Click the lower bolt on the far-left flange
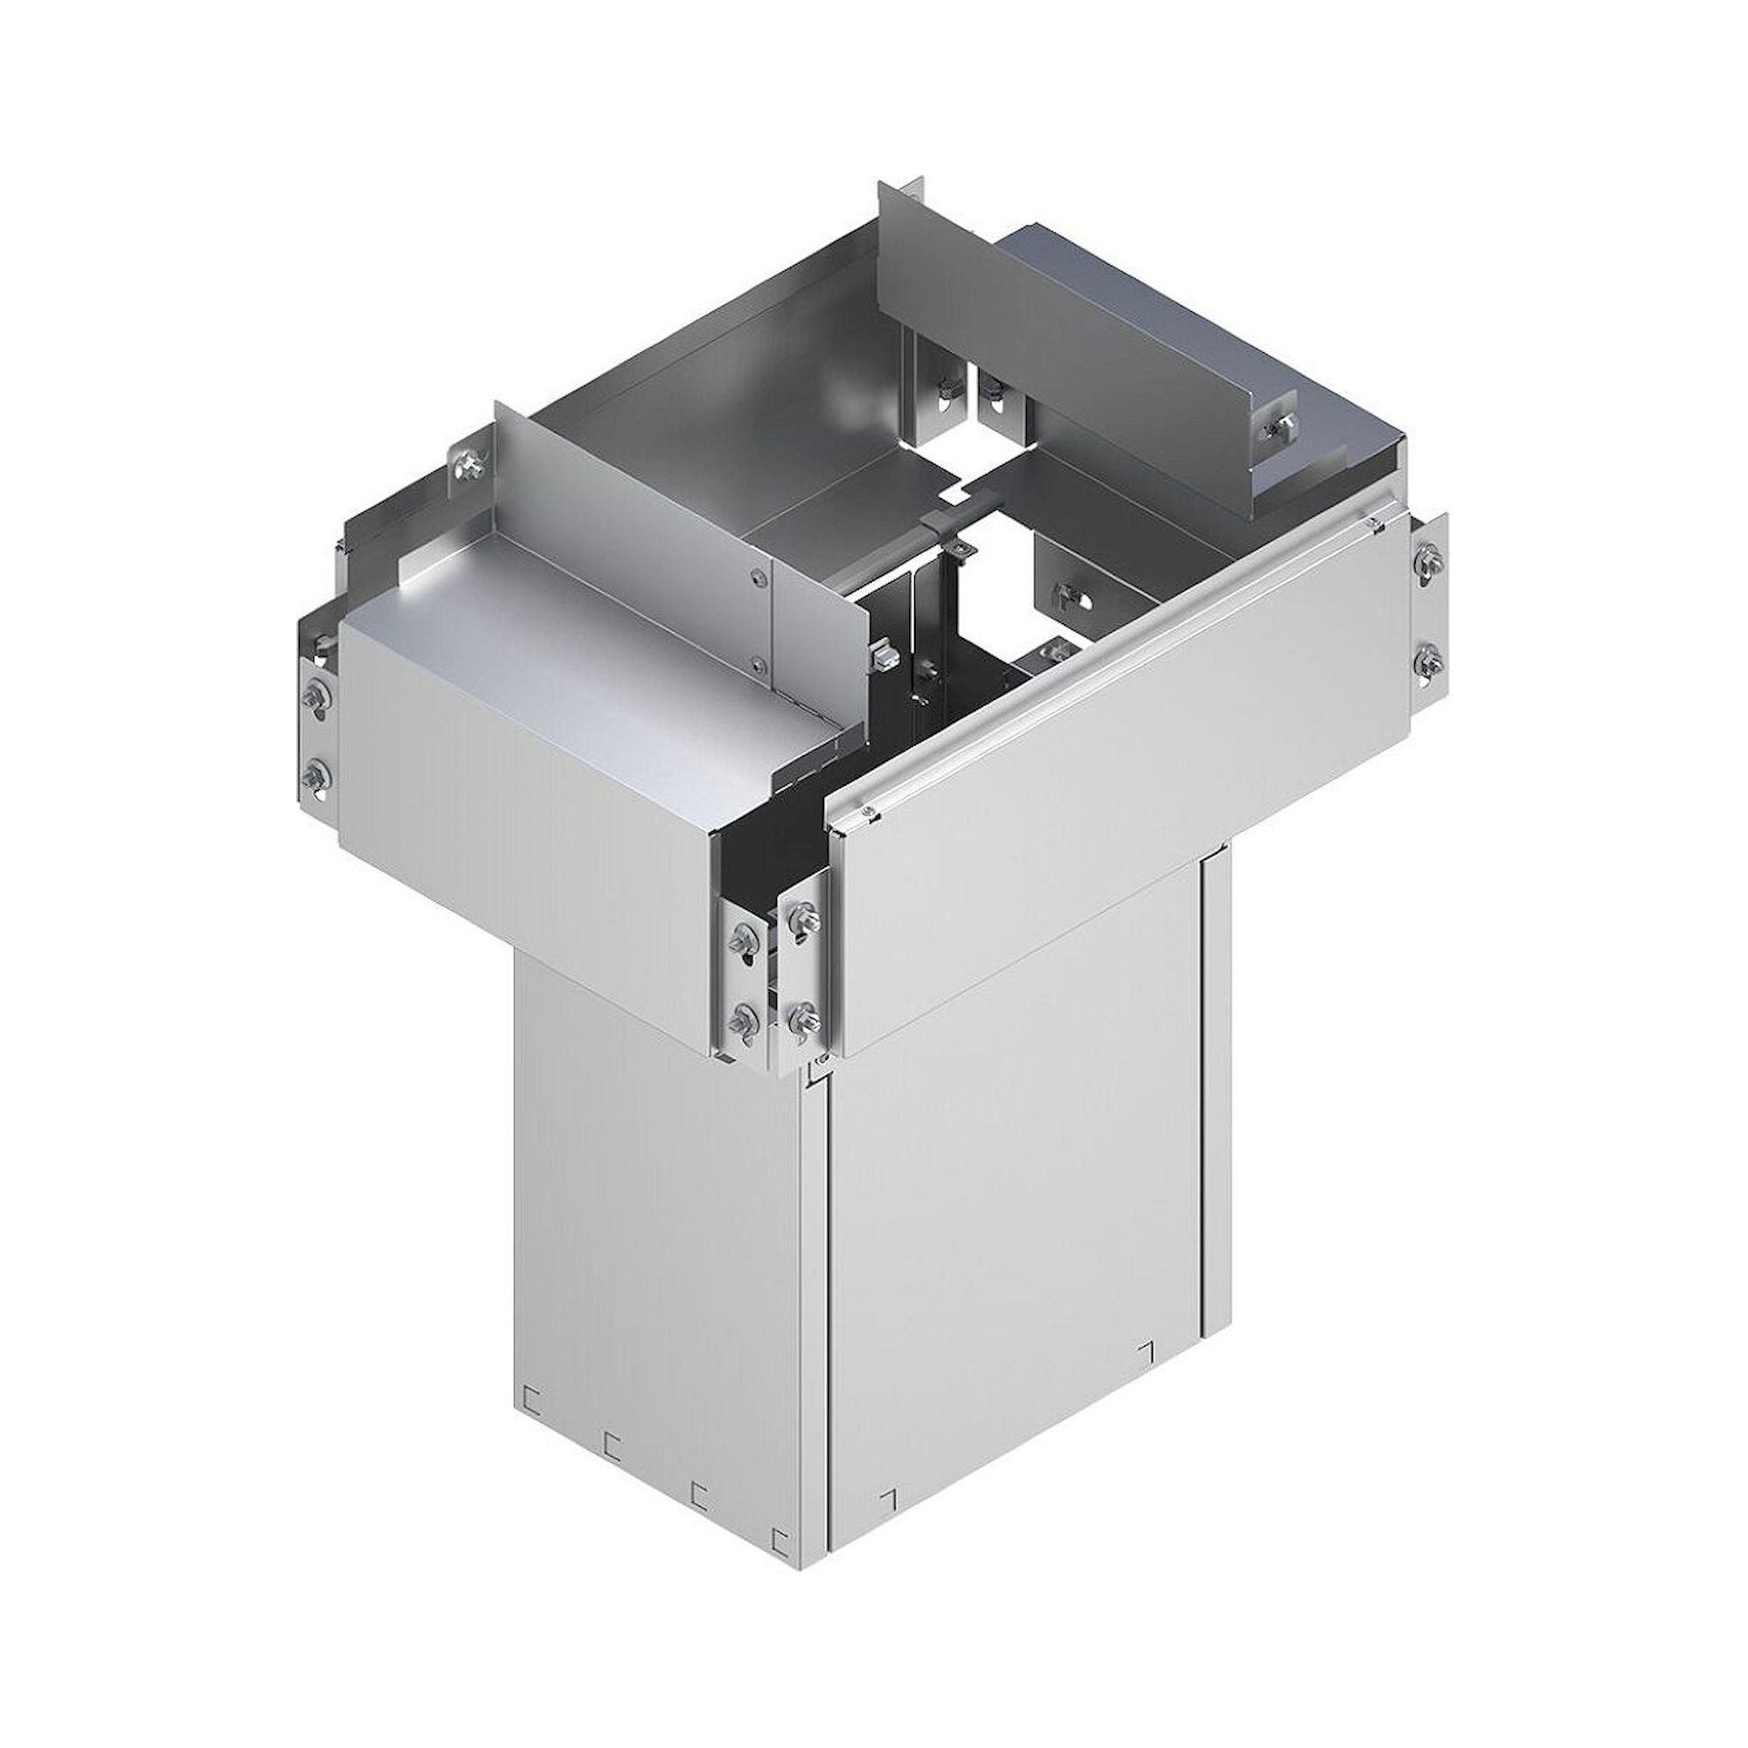click(x=316, y=772)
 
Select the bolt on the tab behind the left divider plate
click(x=469, y=465)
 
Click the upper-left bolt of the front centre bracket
click(x=747, y=936)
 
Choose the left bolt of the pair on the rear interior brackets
click(x=944, y=392)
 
